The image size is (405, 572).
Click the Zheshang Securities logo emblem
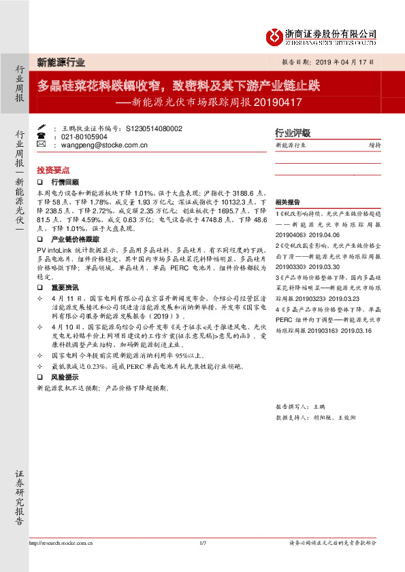272,36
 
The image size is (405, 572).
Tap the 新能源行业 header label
61,62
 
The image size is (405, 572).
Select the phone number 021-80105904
86,136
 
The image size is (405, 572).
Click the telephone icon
41,136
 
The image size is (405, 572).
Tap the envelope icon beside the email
41,145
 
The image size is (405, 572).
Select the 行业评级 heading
292,133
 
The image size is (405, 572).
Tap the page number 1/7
202,543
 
